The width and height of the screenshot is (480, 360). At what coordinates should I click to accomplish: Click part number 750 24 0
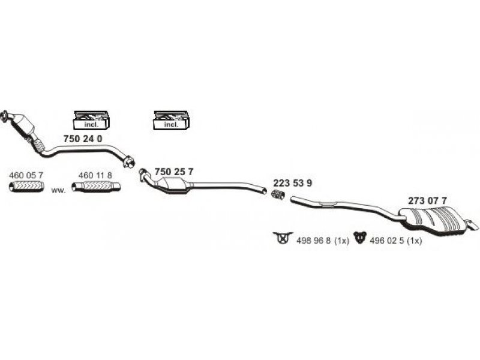point(83,139)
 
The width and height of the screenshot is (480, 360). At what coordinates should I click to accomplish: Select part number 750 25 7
point(174,172)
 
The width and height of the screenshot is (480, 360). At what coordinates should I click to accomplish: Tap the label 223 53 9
point(293,183)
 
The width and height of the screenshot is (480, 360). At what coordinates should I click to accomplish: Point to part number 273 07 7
point(427,201)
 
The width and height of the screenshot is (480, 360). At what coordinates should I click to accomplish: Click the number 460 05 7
point(26,175)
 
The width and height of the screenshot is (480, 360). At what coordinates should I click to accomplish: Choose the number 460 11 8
point(95,175)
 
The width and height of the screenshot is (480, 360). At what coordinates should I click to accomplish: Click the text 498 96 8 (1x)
point(323,241)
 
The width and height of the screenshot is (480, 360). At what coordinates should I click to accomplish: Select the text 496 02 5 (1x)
point(396,241)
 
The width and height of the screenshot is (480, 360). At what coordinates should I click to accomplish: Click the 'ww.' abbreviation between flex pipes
point(58,190)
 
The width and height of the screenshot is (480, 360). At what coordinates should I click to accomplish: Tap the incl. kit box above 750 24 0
point(92,119)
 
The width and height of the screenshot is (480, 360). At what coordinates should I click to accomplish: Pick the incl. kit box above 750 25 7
point(171,119)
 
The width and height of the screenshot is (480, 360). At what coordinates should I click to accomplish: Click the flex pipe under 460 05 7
point(26,187)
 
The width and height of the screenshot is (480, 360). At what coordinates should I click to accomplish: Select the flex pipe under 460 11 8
point(96,187)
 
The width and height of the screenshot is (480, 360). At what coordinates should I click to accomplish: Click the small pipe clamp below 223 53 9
point(278,194)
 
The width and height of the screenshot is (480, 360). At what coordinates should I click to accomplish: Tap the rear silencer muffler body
point(434,221)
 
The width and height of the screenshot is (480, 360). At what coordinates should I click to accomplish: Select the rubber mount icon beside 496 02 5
point(361,238)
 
